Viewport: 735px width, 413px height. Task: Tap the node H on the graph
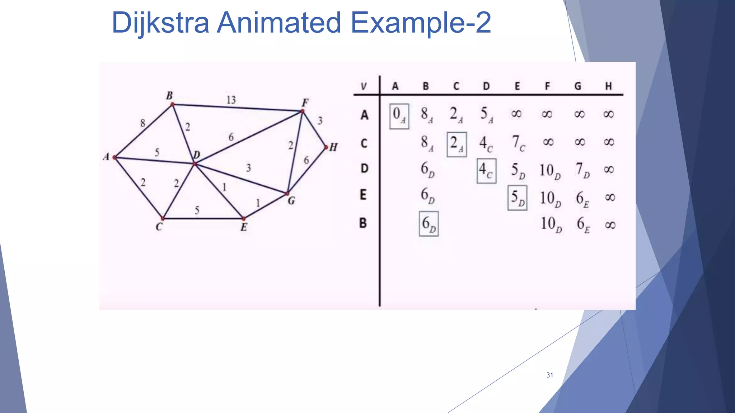tap(326, 147)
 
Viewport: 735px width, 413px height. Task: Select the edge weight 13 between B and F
tap(231, 100)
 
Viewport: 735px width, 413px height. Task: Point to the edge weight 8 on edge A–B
tap(143, 123)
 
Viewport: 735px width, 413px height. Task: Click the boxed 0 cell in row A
tap(399, 116)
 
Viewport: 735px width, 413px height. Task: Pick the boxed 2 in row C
tap(457, 144)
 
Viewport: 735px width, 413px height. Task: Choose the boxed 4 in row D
tap(486, 171)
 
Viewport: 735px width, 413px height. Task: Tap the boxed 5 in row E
tap(517, 198)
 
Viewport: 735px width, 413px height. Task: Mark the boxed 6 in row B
tap(429, 224)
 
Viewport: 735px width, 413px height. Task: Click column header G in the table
tap(578, 86)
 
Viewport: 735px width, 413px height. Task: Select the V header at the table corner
tap(364, 86)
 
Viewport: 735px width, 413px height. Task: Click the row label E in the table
tap(363, 195)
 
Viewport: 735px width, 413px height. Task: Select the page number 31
tap(549, 375)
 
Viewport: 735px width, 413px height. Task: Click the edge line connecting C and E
tap(203, 218)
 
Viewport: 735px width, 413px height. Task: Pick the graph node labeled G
tap(287, 194)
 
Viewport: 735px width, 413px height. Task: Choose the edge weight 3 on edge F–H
tap(320, 120)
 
